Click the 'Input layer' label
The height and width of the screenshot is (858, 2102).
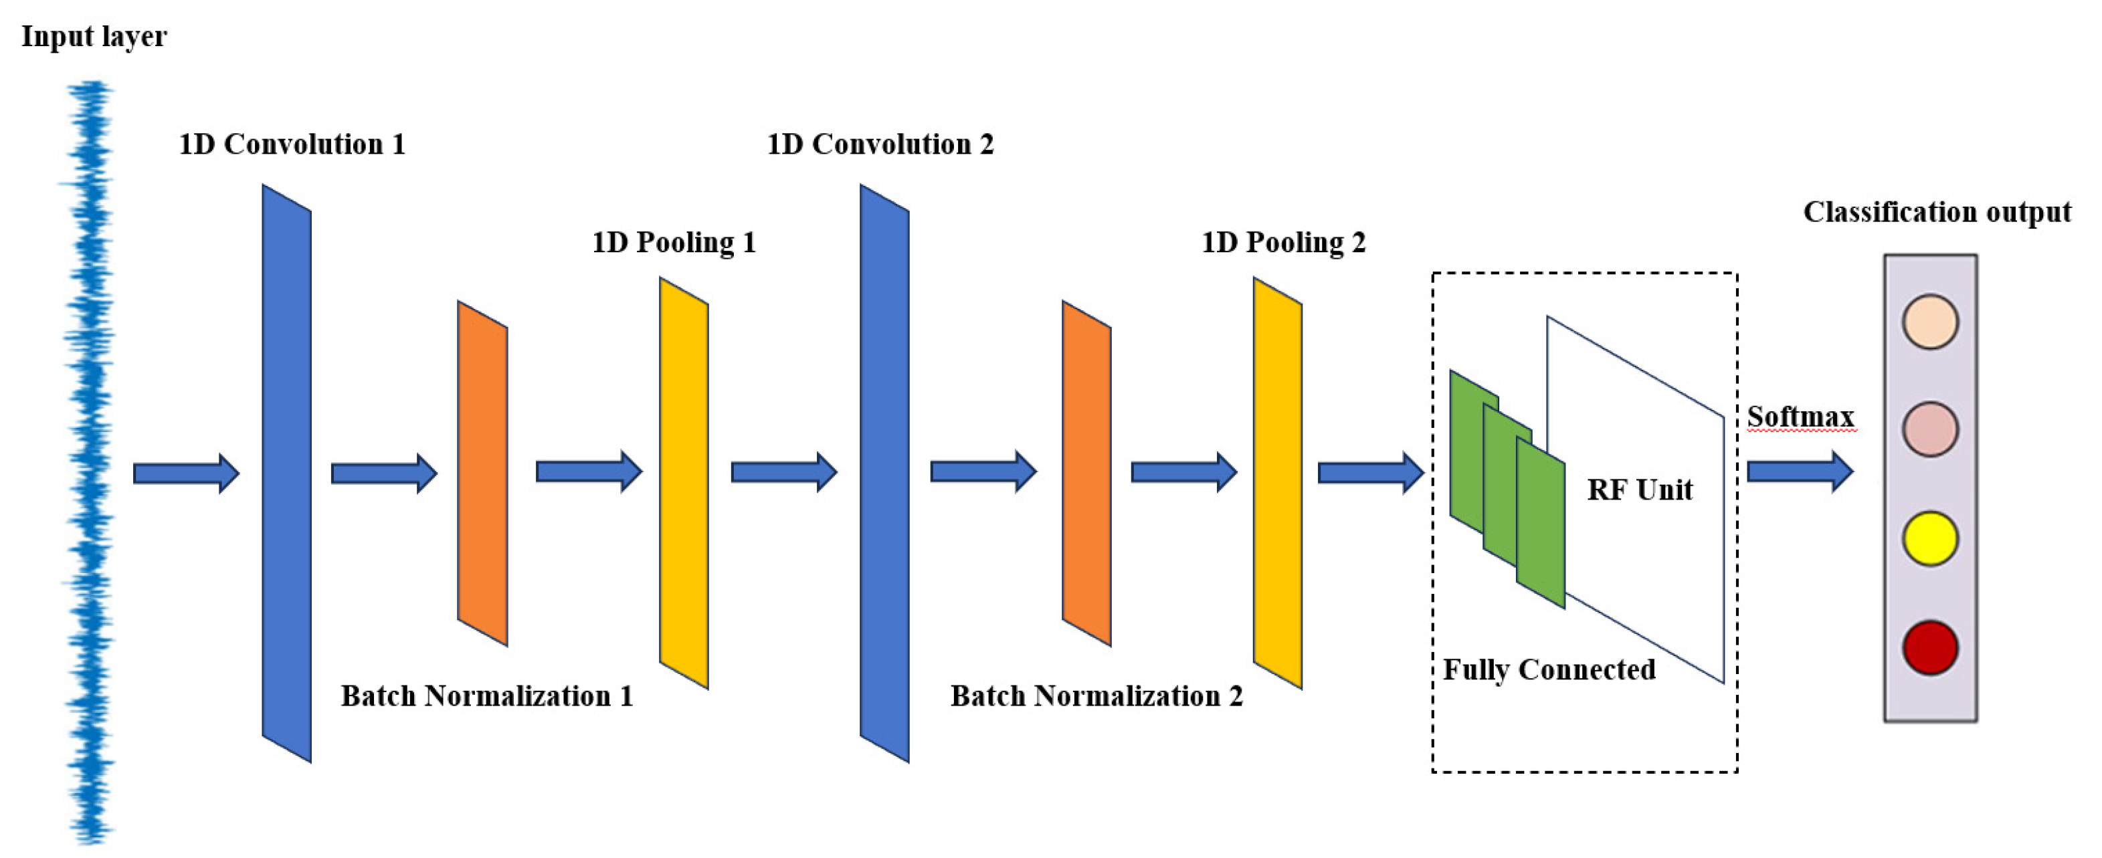tap(94, 37)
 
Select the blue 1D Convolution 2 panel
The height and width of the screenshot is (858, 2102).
tap(884, 473)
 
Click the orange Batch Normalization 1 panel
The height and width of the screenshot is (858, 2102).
tap(482, 473)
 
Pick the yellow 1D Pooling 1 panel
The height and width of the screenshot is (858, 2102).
tap(684, 483)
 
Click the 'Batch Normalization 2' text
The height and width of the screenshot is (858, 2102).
tap(1096, 695)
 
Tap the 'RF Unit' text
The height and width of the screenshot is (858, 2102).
tap(1639, 490)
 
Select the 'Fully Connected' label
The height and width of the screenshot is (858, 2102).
tap(1549, 669)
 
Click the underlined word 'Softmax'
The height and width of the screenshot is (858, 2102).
tap(1800, 417)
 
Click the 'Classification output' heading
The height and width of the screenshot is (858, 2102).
tap(1936, 212)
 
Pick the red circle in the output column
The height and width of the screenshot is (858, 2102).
tap(1930, 647)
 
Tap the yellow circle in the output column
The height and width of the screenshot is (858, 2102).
tap(1930, 538)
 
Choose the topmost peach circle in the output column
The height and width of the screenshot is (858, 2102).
tap(1930, 322)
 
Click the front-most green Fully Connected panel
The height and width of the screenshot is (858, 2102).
tap(1541, 522)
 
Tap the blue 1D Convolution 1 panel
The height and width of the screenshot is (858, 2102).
tap(286, 473)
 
